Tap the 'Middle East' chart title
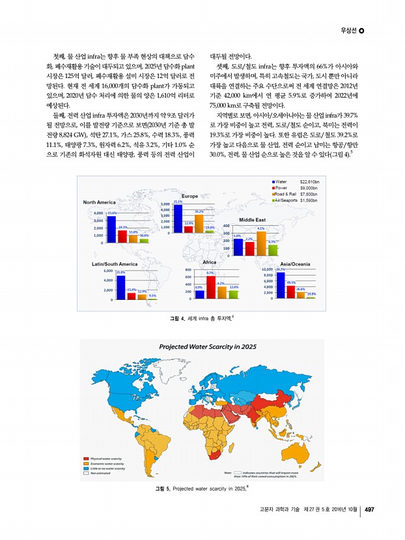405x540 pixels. (x=252, y=220)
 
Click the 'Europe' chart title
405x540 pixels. (x=189, y=196)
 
